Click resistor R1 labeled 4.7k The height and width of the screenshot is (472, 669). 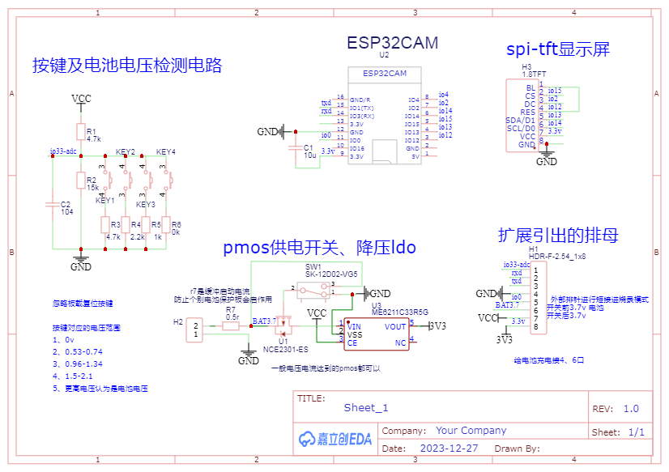point(80,132)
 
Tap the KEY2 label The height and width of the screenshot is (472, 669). point(126,152)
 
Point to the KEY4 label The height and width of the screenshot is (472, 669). point(166,152)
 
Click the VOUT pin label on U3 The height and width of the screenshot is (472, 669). point(395,327)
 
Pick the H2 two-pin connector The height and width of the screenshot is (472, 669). point(195,330)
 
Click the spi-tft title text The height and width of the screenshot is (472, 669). point(558,49)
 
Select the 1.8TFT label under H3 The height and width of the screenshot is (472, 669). point(533,74)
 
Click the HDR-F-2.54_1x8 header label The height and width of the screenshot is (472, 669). point(557,256)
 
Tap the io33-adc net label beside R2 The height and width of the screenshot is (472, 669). point(63,151)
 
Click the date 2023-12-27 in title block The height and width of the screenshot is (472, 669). point(450,448)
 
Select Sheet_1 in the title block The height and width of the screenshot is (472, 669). point(366,408)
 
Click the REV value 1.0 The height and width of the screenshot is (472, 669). point(631,409)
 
